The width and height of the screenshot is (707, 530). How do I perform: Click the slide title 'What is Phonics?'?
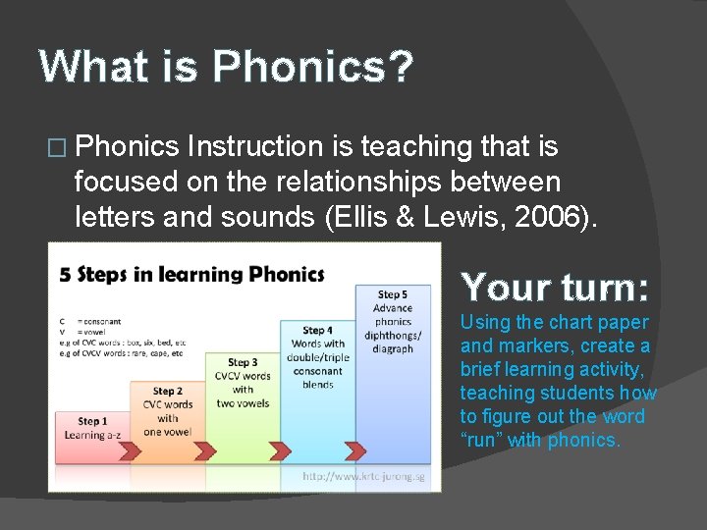click(x=227, y=67)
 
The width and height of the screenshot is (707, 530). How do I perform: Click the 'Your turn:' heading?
click(x=555, y=287)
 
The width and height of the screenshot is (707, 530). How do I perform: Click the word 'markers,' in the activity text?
click(x=534, y=345)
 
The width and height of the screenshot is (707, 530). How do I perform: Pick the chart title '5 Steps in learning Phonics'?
click(x=191, y=274)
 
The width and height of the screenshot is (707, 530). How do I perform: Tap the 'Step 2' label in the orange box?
click(x=167, y=392)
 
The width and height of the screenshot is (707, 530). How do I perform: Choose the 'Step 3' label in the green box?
click(x=243, y=363)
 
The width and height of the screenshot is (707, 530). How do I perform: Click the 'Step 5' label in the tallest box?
click(x=392, y=294)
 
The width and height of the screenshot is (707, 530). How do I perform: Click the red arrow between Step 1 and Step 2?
click(x=129, y=450)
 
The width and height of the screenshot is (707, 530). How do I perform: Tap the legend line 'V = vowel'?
click(x=79, y=331)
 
